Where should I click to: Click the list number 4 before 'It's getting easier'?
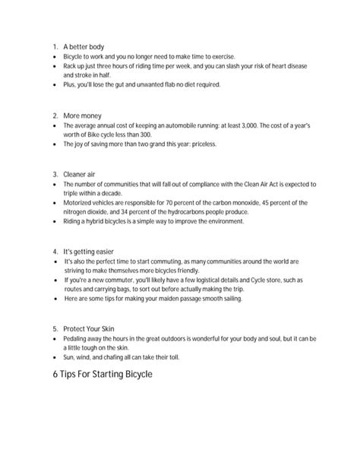click(55, 251)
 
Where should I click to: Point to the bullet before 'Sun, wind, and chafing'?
click(55, 357)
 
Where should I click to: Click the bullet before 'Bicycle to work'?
click(55, 57)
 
